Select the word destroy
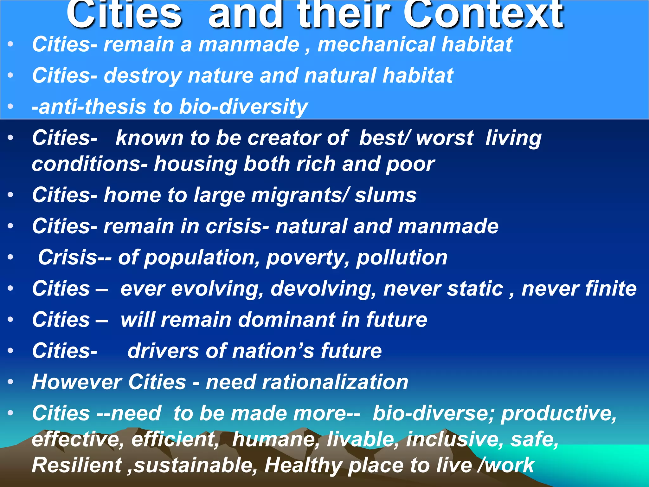pyautogui.click(x=142, y=76)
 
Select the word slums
pyautogui.click(x=385, y=195)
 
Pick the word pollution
pyautogui.click(x=402, y=257)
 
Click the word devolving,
pyautogui.click(x=323, y=289)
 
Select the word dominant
pyautogui.click(x=286, y=320)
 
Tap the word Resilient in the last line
pyautogui.click(x=77, y=465)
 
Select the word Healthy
pyautogui.click(x=303, y=465)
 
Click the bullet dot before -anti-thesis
pyautogui.click(x=10, y=107)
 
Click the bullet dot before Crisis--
pyautogui.click(x=10, y=257)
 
